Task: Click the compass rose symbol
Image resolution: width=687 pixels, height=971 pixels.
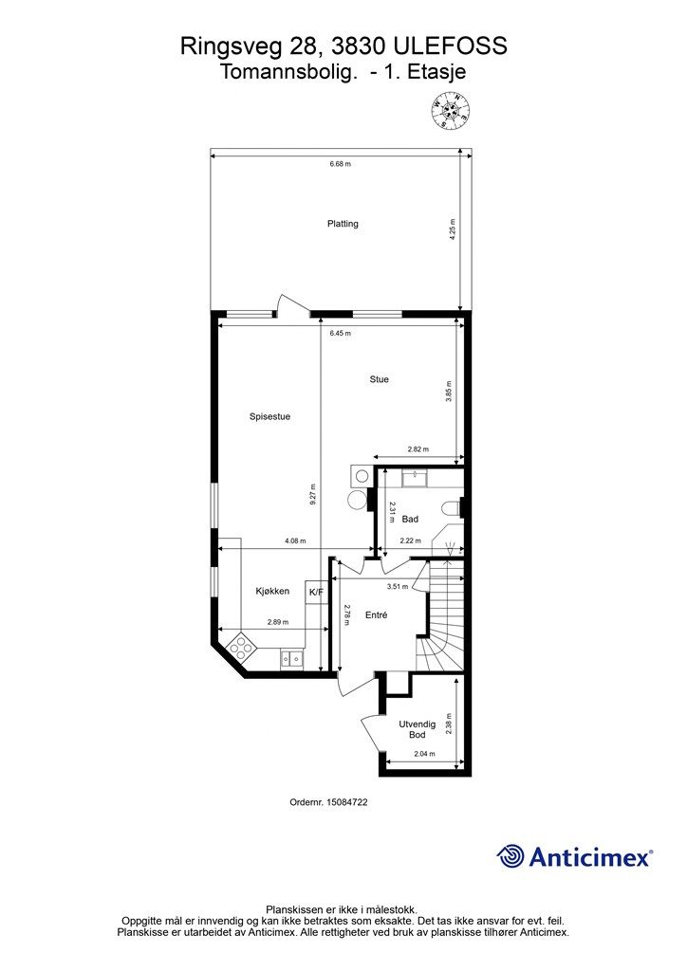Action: pyautogui.click(x=450, y=110)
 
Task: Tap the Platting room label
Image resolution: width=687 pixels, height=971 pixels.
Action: pyautogui.click(x=343, y=224)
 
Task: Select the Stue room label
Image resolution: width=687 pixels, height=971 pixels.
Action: pyautogui.click(x=380, y=379)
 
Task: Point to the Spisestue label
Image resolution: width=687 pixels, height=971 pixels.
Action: pyautogui.click(x=269, y=417)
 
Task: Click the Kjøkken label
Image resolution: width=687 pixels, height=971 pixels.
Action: pyautogui.click(x=272, y=592)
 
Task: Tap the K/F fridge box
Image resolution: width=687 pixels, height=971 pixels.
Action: pyautogui.click(x=316, y=592)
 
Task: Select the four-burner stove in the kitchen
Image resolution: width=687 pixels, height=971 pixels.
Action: pyautogui.click(x=240, y=647)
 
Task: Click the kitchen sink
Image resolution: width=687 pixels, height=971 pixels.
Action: pyautogui.click(x=291, y=660)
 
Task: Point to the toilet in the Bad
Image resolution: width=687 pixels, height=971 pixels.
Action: pyautogui.click(x=453, y=508)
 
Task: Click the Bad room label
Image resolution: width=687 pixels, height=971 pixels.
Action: pyautogui.click(x=410, y=519)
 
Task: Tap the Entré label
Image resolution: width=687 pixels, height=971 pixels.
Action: pyautogui.click(x=377, y=614)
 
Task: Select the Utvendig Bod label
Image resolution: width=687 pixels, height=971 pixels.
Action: pyautogui.click(x=417, y=729)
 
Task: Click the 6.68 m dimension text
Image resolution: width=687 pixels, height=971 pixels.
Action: pyautogui.click(x=340, y=164)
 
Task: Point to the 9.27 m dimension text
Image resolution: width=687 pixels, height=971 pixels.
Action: pyautogui.click(x=313, y=495)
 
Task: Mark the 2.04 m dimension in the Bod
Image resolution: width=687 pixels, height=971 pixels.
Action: pyautogui.click(x=424, y=754)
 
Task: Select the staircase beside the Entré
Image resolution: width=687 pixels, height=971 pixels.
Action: pyautogui.click(x=440, y=615)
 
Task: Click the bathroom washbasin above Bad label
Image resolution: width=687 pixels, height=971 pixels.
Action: pyautogui.click(x=412, y=478)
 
